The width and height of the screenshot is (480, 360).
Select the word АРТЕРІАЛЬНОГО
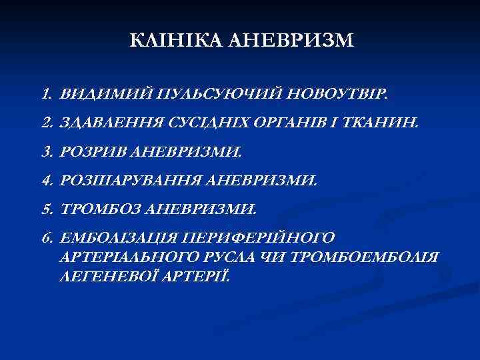122,257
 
